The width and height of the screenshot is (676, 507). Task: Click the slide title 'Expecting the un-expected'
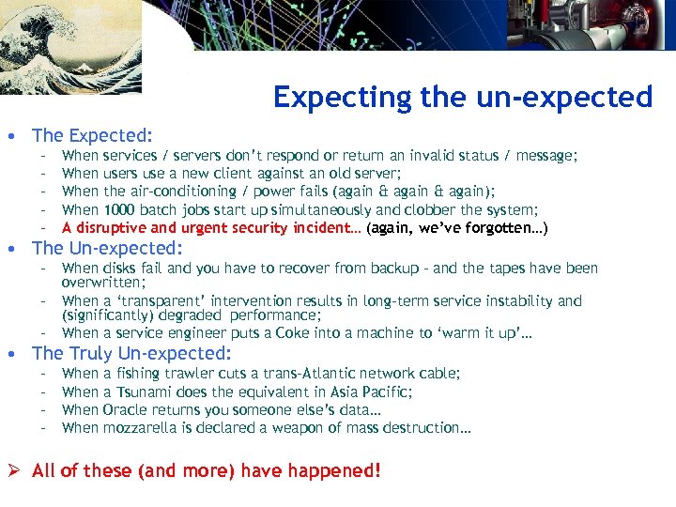click(x=462, y=97)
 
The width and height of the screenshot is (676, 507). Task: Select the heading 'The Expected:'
click(x=92, y=135)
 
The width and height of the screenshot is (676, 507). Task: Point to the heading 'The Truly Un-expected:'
click(x=131, y=353)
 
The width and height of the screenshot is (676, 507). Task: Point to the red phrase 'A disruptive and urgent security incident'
click(x=211, y=228)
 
